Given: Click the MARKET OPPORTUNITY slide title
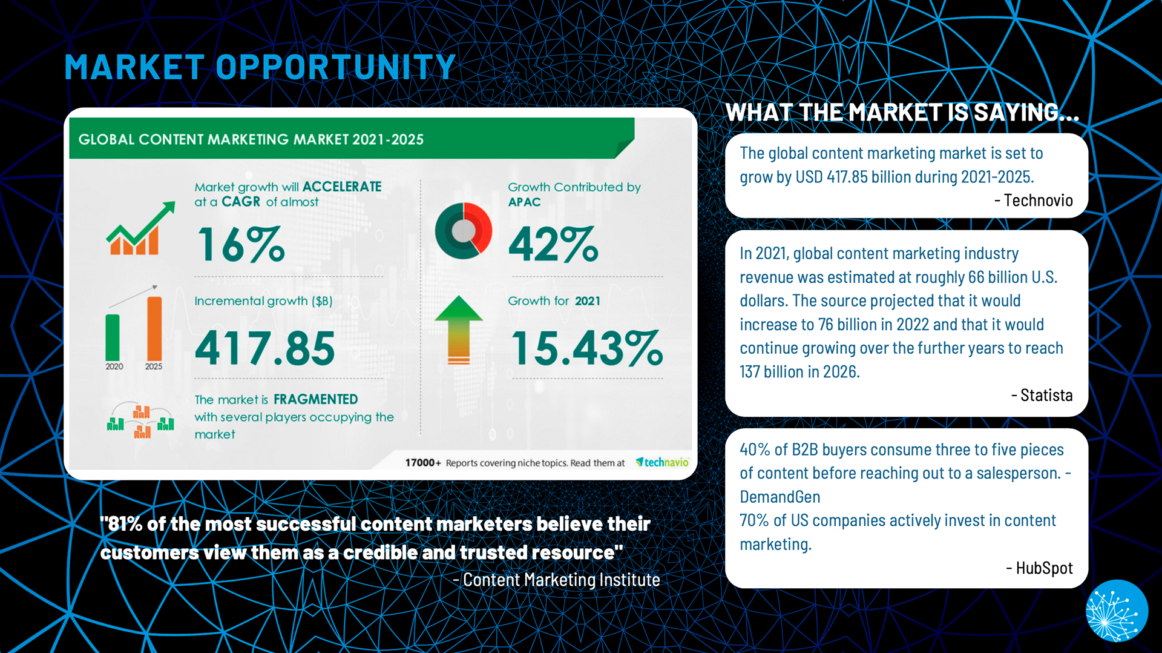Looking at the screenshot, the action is (x=260, y=67).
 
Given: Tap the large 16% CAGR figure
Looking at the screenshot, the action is (x=241, y=244).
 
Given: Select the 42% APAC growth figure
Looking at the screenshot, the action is (x=553, y=244).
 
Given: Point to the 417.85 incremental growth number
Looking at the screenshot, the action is (x=264, y=348).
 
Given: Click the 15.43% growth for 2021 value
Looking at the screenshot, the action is (x=586, y=348).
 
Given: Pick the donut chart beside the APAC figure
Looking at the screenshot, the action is (x=464, y=231).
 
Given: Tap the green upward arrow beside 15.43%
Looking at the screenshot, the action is (x=459, y=330).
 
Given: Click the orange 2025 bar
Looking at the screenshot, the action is (x=154, y=329).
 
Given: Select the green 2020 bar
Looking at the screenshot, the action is (x=113, y=337).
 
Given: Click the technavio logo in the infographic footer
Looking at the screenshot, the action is (x=662, y=463).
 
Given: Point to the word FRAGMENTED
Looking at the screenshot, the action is (x=315, y=399).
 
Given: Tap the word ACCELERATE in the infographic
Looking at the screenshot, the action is (x=342, y=187).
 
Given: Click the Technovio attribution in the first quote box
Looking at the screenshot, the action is (x=1034, y=201).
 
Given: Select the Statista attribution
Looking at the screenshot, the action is (x=1042, y=396).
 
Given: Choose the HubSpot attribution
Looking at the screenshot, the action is (x=1040, y=568).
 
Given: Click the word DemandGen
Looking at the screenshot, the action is (x=780, y=497).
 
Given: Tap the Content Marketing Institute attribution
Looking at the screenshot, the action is (x=557, y=580).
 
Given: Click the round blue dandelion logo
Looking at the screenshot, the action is (x=1117, y=611).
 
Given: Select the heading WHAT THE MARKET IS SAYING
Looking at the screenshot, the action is (x=902, y=113).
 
